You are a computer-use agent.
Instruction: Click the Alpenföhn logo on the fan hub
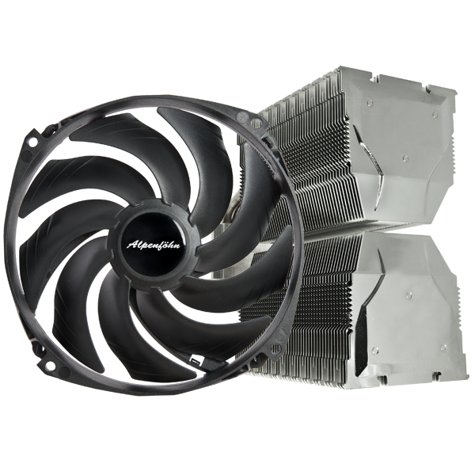coord(153,244)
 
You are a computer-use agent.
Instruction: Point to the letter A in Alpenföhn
coord(131,245)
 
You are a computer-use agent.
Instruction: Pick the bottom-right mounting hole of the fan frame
coord(276,348)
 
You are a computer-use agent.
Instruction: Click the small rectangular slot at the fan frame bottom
coord(195,361)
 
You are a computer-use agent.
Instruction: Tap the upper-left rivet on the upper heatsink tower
coord(368,103)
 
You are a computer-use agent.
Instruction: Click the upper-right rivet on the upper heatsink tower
coord(435,114)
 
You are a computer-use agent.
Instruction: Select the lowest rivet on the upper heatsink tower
coord(405,158)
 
